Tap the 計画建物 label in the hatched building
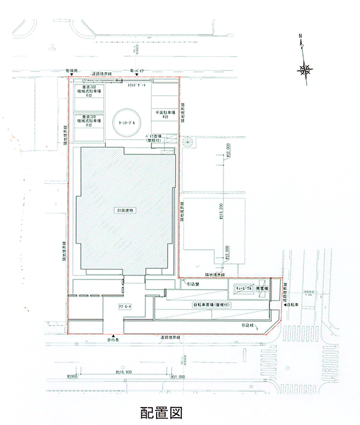(x=126, y=210)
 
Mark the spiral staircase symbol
(x=188, y=142)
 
